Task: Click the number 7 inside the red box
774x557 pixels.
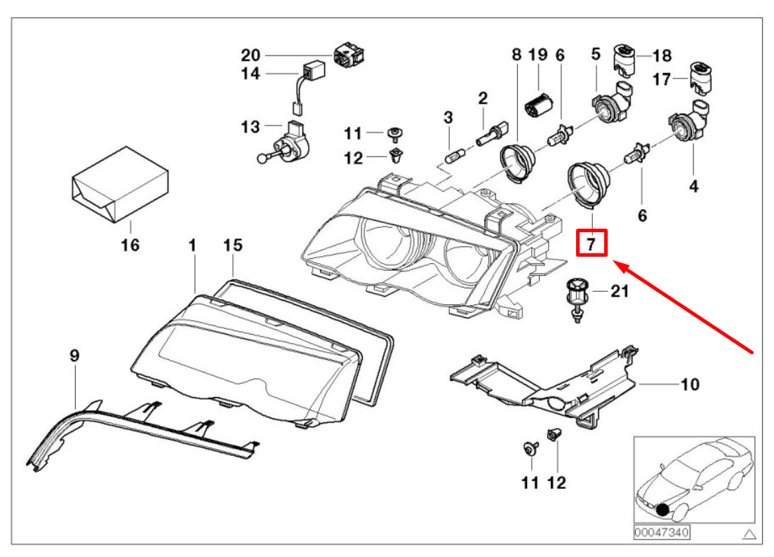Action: [591, 244]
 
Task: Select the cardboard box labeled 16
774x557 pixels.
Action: [120, 184]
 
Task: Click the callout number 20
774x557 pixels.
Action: [251, 55]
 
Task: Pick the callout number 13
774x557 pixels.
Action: [251, 127]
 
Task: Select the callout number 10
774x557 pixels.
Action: [690, 384]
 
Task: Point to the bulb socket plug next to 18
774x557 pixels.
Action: [624, 58]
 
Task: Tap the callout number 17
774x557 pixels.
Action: [662, 79]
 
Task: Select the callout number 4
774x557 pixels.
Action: [693, 186]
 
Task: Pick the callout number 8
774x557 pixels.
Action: [517, 53]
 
